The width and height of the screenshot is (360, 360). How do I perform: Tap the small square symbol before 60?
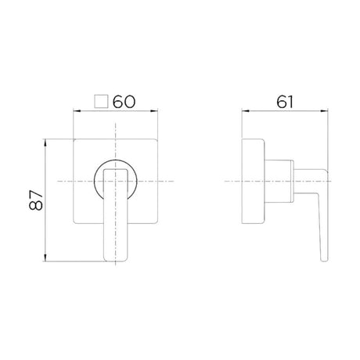pos(101,101)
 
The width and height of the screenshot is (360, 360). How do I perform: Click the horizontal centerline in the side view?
pos(235,182)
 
